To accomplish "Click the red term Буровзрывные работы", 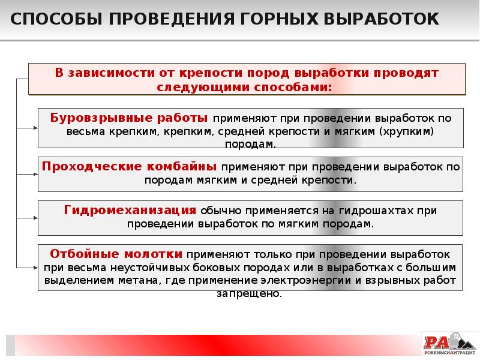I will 130,117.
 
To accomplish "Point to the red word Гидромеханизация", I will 130,211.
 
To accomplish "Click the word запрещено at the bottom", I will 249,294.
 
